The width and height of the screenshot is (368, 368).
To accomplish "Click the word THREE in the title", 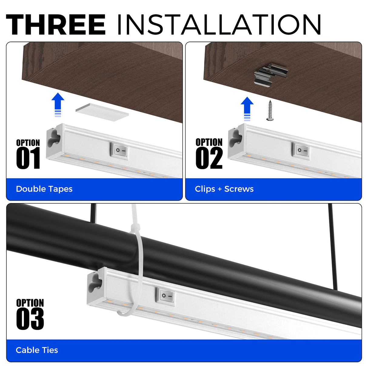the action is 55,25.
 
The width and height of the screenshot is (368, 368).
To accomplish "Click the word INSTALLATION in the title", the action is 219,25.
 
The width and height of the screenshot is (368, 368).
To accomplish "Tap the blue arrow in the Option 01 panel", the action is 58,105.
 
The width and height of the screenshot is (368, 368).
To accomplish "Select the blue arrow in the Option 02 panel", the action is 247,109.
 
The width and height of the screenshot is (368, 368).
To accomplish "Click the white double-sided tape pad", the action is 102,112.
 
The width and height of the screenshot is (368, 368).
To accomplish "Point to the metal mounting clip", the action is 271,75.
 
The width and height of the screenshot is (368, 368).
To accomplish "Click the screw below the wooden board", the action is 270,110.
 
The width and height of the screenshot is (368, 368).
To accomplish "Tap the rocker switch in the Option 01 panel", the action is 121,151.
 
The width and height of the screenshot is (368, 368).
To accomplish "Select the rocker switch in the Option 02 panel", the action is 302,151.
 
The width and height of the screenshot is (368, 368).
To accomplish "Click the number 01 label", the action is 28,158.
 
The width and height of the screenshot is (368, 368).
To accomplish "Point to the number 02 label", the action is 209,158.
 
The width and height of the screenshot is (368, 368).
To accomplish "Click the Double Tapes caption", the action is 44,189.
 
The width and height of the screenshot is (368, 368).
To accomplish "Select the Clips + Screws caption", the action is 224,189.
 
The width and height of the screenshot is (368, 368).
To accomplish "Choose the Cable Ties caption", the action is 37,350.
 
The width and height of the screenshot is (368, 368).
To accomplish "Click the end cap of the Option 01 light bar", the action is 54,140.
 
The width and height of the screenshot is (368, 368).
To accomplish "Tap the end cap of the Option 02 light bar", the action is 236,140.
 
